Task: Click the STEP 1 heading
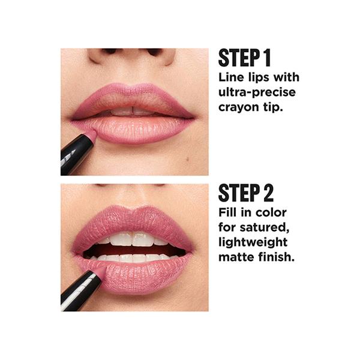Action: point(245,58)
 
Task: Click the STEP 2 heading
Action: point(246,193)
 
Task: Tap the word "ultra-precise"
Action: point(257,92)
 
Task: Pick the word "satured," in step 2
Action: point(265,227)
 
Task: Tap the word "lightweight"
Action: point(253,242)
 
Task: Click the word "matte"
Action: point(237,257)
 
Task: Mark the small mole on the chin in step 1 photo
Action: point(188,158)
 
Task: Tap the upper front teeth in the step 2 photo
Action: point(132,239)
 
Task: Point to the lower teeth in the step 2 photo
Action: point(134,257)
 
